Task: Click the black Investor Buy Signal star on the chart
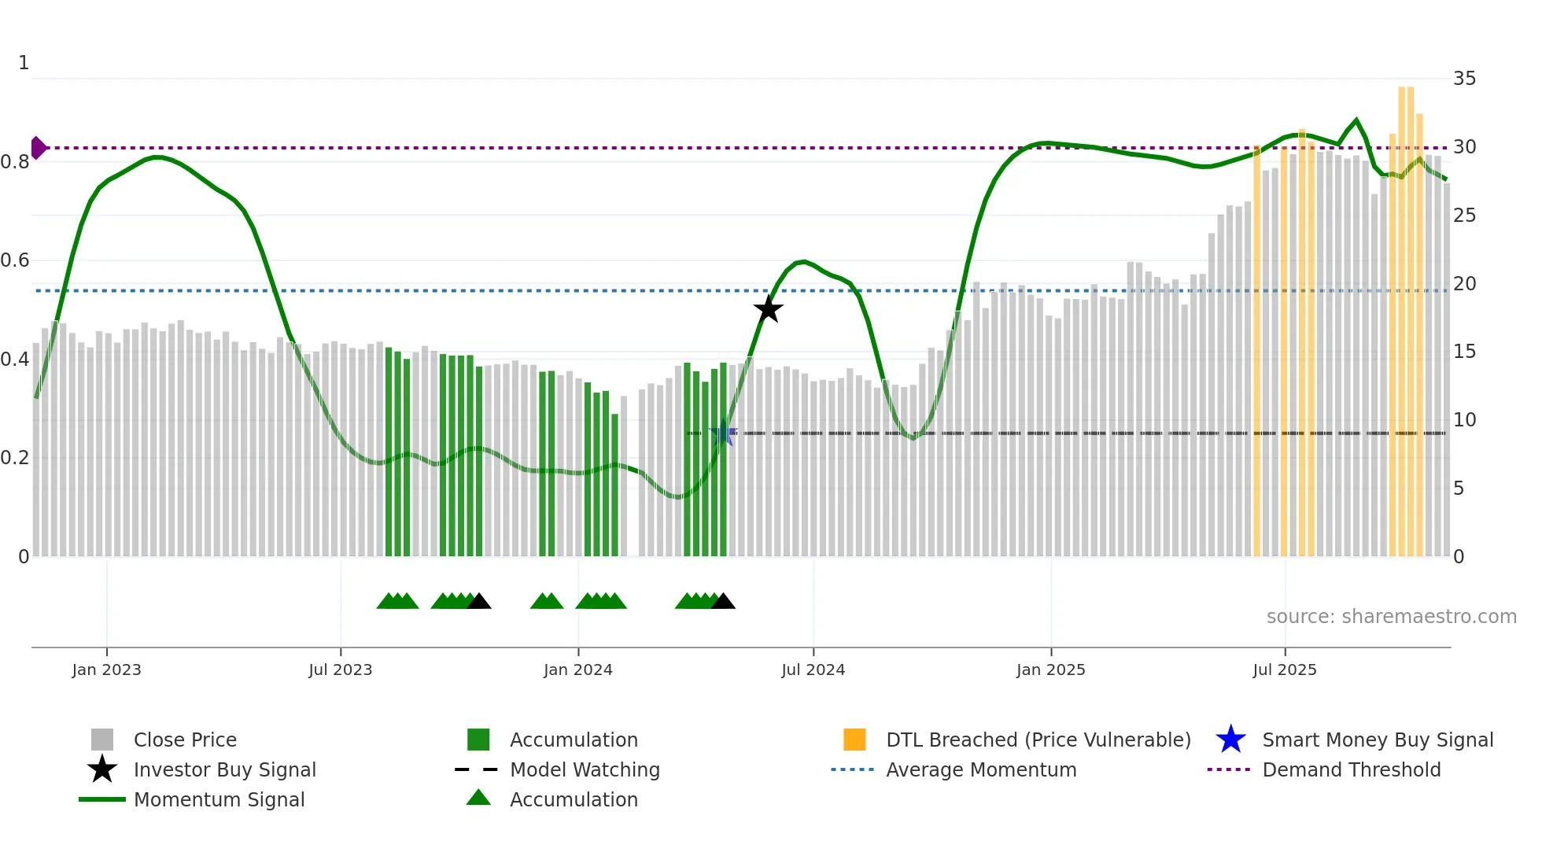click(768, 309)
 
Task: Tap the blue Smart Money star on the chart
click(723, 434)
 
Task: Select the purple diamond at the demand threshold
click(38, 148)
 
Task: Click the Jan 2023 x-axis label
click(106, 670)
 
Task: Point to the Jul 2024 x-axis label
click(813, 670)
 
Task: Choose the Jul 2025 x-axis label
click(1284, 670)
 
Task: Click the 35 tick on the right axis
click(1464, 79)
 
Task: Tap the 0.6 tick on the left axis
click(15, 260)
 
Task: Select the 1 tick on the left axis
click(24, 63)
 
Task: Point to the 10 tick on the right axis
click(1464, 420)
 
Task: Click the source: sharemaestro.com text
click(1391, 617)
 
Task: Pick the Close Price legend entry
click(185, 740)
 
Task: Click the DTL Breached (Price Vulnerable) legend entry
click(1038, 740)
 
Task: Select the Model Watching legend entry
click(585, 770)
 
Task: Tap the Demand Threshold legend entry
click(1351, 770)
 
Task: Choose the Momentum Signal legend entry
click(219, 800)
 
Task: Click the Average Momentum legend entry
click(981, 770)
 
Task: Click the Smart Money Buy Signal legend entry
click(1377, 740)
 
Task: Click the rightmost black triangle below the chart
click(723, 602)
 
